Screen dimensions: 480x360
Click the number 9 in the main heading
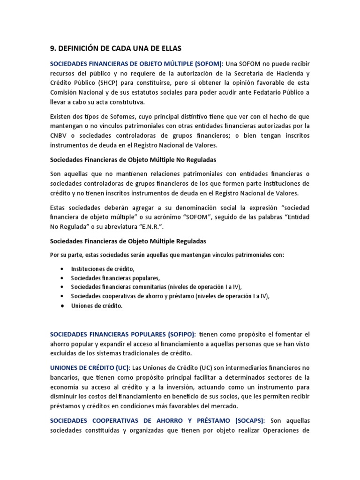(x=52, y=48)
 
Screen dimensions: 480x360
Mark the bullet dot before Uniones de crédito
(x=62, y=306)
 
